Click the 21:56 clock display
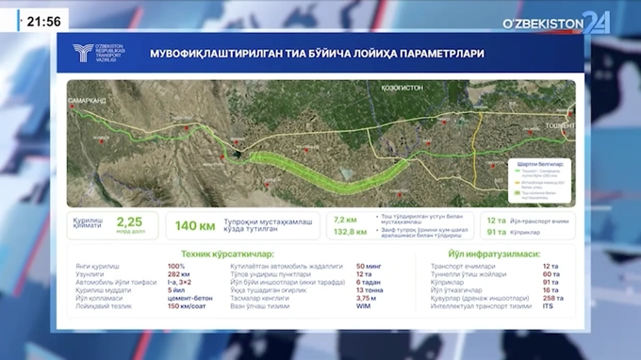tap(43, 21)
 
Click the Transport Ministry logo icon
tap(86, 55)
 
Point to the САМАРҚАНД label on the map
tap(87, 99)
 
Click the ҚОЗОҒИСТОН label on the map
tap(402, 85)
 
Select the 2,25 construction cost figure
tap(128, 222)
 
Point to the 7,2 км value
tap(345, 218)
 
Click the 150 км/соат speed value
tap(187, 306)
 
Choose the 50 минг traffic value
tap(370, 267)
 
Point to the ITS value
tap(549, 306)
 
